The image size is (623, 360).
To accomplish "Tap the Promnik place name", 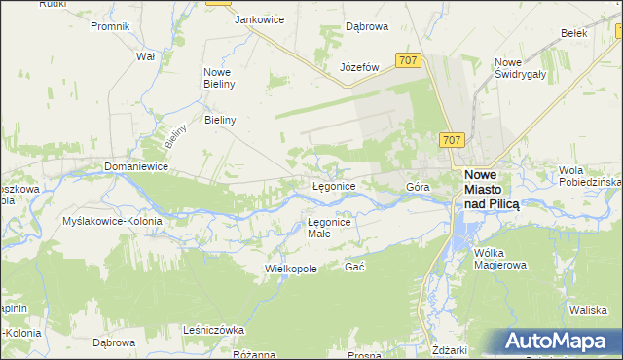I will click(110, 26).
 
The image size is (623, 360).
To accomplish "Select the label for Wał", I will click(146, 56).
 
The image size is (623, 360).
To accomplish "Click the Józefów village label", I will click(358, 67).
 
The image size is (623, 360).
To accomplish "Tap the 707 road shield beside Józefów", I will click(409, 61).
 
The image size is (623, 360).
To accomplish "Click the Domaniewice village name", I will click(137, 167).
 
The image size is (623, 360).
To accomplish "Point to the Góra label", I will click(418, 186).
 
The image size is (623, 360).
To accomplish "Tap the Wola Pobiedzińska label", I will click(590, 176).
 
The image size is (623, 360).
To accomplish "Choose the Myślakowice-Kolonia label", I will click(112, 221).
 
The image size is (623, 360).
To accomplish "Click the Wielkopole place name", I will click(292, 268).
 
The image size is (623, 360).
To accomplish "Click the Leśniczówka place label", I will click(213, 330).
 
